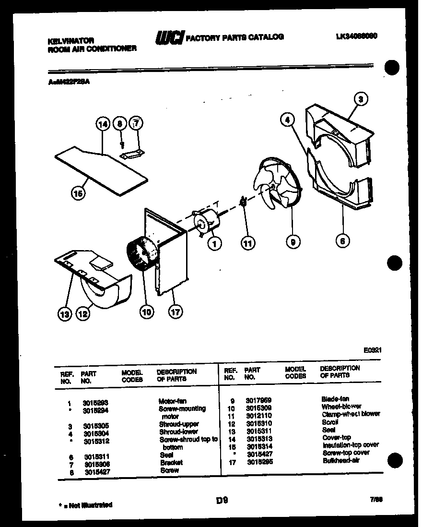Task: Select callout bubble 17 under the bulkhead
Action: pyautogui.click(x=175, y=311)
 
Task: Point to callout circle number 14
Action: pyautogui.click(x=103, y=124)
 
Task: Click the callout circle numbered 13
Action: pyautogui.click(x=65, y=314)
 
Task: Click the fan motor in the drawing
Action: pyautogui.click(x=207, y=222)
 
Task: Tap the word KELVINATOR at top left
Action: pyautogui.click(x=70, y=41)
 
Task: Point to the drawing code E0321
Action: pyautogui.click(x=372, y=350)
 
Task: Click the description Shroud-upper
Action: pyautogui.click(x=178, y=424)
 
